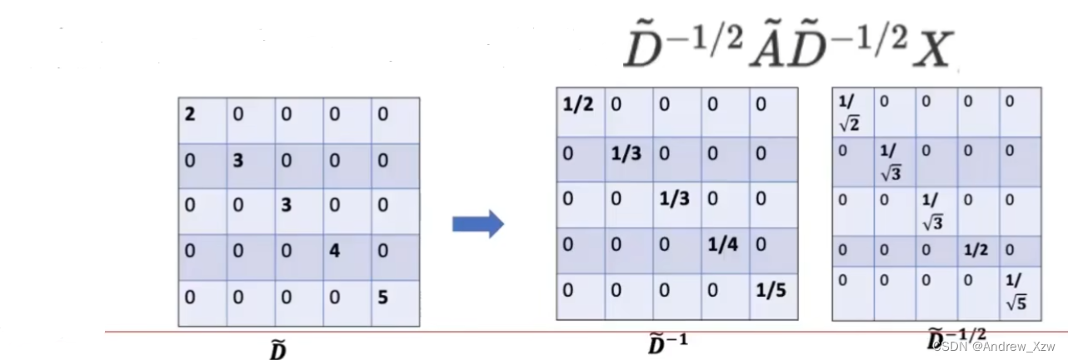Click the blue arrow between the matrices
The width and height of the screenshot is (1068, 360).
pyautogui.click(x=477, y=223)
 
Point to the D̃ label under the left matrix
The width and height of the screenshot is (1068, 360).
pyautogui.click(x=278, y=351)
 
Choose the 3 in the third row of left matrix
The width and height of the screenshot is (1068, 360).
pyautogui.click(x=286, y=204)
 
